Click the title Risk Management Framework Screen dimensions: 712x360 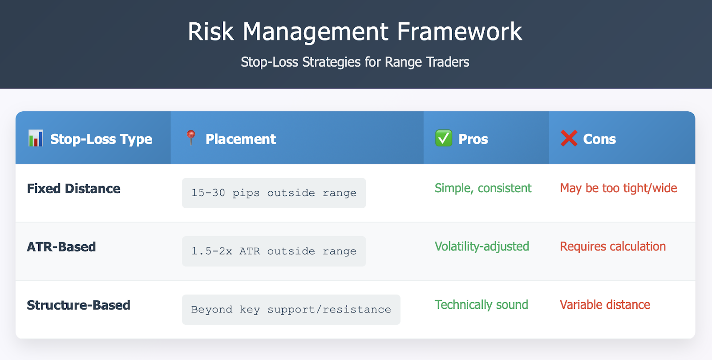click(355, 32)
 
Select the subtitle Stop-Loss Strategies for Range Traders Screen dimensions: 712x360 click(355, 62)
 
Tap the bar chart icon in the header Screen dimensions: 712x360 click(36, 138)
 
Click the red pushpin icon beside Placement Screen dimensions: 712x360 click(191, 138)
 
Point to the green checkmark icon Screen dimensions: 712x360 click(444, 138)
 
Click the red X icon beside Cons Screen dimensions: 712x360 click(569, 138)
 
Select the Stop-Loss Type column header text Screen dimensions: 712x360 click(101, 139)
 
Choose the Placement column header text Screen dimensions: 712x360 click(241, 139)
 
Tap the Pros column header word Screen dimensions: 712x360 click(473, 139)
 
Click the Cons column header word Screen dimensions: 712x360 click(599, 139)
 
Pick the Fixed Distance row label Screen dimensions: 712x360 click(74, 189)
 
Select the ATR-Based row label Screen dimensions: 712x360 click(61, 247)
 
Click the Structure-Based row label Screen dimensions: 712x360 click(78, 305)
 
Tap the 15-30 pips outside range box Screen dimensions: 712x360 click(274, 193)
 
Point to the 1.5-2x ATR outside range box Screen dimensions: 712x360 click(274, 251)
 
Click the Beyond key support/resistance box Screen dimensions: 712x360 click(291, 310)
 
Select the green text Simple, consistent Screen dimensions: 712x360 click(483, 188)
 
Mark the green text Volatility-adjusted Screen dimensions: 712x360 click(482, 247)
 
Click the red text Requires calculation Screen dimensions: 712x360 click(613, 247)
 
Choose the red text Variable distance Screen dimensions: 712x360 click(605, 305)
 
